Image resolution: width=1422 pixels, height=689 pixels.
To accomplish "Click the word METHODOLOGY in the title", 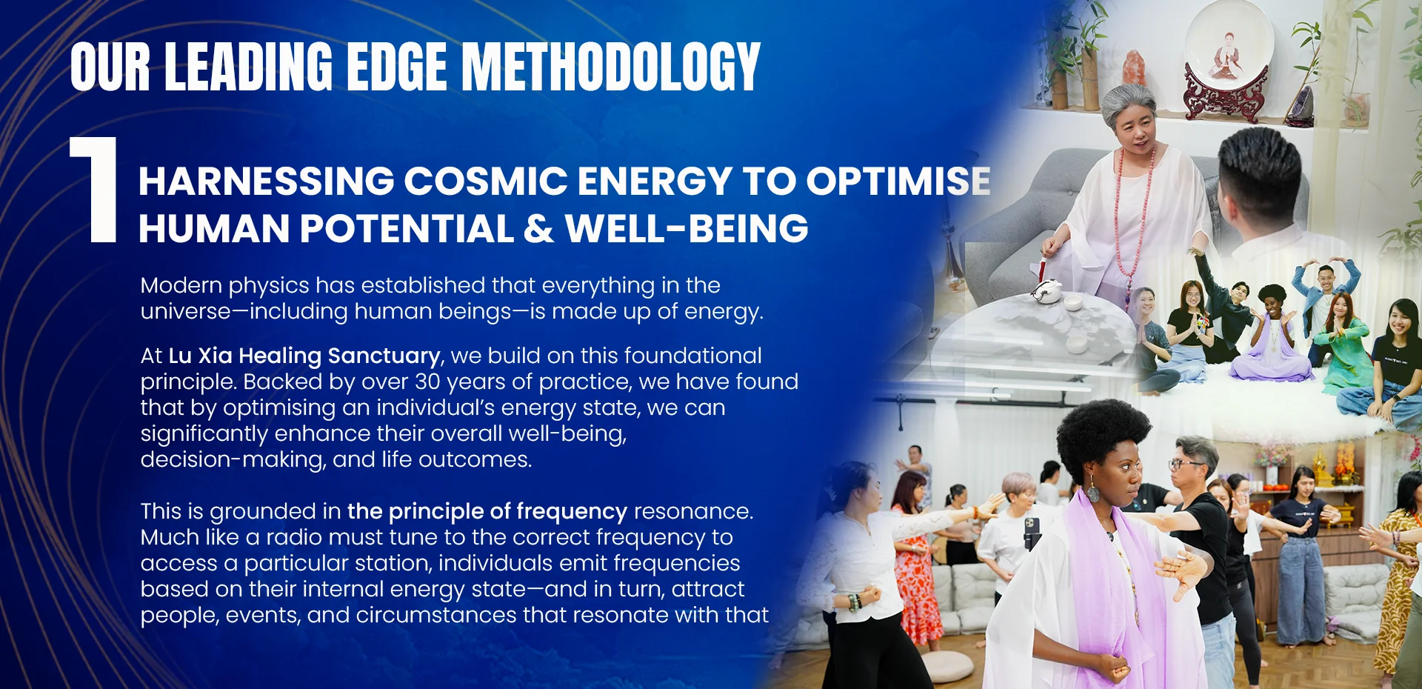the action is click(x=611, y=67).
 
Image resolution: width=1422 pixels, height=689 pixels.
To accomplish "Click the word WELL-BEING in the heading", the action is click(x=687, y=228).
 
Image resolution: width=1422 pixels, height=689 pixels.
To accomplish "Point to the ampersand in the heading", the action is click(x=538, y=228).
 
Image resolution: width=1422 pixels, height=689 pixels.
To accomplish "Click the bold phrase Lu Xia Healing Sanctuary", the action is click(x=304, y=356).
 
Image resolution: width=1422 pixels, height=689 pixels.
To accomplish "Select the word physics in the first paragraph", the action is click(x=269, y=287).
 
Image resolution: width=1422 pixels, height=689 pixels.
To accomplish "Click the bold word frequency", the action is click(x=572, y=512).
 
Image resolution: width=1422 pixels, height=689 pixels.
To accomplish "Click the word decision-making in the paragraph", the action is click(x=233, y=460).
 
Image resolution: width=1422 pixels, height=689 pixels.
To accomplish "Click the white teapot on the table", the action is click(x=1047, y=292).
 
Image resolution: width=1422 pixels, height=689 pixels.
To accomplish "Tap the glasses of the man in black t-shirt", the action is click(x=1185, y=465).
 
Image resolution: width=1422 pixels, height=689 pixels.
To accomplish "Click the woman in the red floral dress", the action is click(x=914, y=563).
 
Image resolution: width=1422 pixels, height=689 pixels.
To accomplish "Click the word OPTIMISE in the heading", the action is click(x=898, y=181).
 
